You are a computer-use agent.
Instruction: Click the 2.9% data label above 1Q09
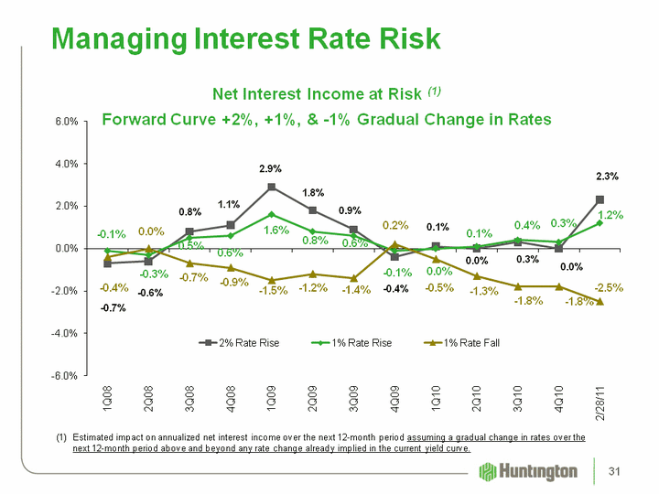(x=270, y=168)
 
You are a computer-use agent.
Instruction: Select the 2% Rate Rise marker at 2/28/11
(x=600, y=199)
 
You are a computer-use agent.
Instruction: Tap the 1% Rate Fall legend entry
(x=468, y=342)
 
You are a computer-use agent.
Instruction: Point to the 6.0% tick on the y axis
(x=64, y=122)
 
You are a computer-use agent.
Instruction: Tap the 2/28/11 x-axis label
(x=600, y=406)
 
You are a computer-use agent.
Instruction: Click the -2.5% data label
(x=609, y=287)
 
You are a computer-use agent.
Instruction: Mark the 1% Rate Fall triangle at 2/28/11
(x=600, y=301)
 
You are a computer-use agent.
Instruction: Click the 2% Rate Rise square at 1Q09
(x=272, y=187)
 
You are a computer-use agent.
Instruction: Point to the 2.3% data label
(x=606, y=177)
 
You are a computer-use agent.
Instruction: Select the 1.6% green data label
(x=276, y=231)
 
